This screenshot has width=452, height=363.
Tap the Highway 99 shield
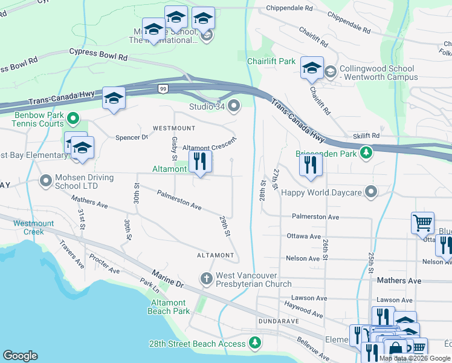tap(163, 89)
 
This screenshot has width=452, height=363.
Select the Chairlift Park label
tap(271, 61)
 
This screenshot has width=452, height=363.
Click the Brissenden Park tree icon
tap(366, 152)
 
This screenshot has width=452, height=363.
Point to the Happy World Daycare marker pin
tap(372, 192)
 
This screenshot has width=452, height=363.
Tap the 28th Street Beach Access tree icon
tap(256, 344)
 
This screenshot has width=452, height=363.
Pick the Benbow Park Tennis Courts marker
tap(73, 118)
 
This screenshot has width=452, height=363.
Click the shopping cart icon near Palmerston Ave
tap(422, 222)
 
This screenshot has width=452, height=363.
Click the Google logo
tap(20, 355)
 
